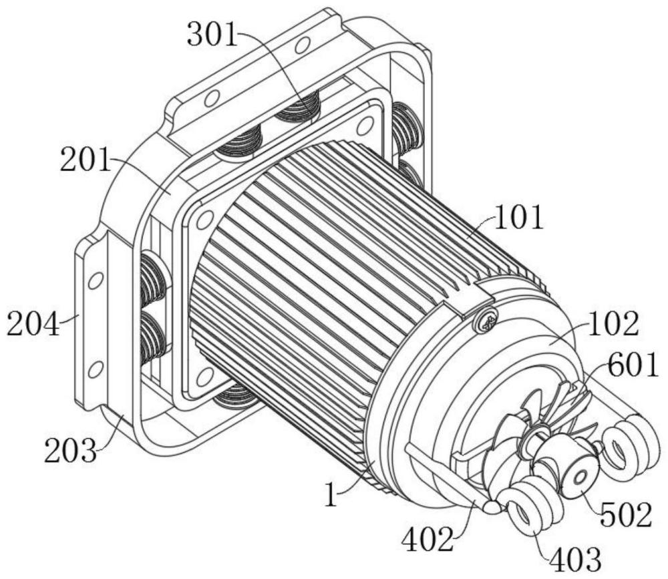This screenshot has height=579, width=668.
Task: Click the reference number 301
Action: click(212, 34)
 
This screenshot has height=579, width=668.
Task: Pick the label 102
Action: click(613, 324)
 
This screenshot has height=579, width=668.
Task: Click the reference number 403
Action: click(576, 558)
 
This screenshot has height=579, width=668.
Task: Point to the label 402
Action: click(428, 539)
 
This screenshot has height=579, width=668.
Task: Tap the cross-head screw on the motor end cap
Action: click(486, 319)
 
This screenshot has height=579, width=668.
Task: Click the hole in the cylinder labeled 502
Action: click(579, 478)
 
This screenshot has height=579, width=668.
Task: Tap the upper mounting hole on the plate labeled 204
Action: click(96, 280)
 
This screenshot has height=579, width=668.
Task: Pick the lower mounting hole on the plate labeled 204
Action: click(97, 367)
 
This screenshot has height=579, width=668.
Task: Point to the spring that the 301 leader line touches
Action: click(297, 108)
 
